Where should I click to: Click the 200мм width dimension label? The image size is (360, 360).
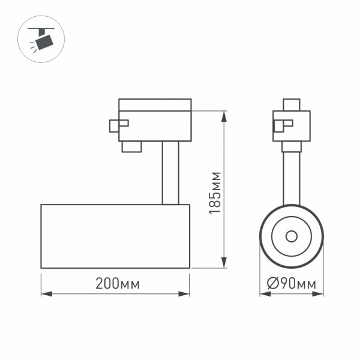click(117, 284)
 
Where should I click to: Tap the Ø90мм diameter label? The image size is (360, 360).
click(292, 284)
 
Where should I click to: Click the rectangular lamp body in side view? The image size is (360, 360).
click(115, 236)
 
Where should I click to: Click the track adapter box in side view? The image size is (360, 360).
click(155, 125)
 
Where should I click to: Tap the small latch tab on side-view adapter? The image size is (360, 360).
click(118, 125)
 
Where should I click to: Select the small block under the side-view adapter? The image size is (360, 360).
click(131, 147)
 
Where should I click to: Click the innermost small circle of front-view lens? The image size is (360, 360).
click(292, 236)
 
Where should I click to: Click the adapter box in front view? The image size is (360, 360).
click(292, 126)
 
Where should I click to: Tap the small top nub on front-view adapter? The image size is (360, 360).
click(292, 104)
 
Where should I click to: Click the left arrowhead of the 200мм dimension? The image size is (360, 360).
click(45, 294)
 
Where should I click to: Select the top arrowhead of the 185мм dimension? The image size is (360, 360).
click(224, 115)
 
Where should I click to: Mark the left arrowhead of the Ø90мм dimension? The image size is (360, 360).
click(264, 294)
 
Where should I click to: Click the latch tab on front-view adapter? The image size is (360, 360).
click(281, 125)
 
